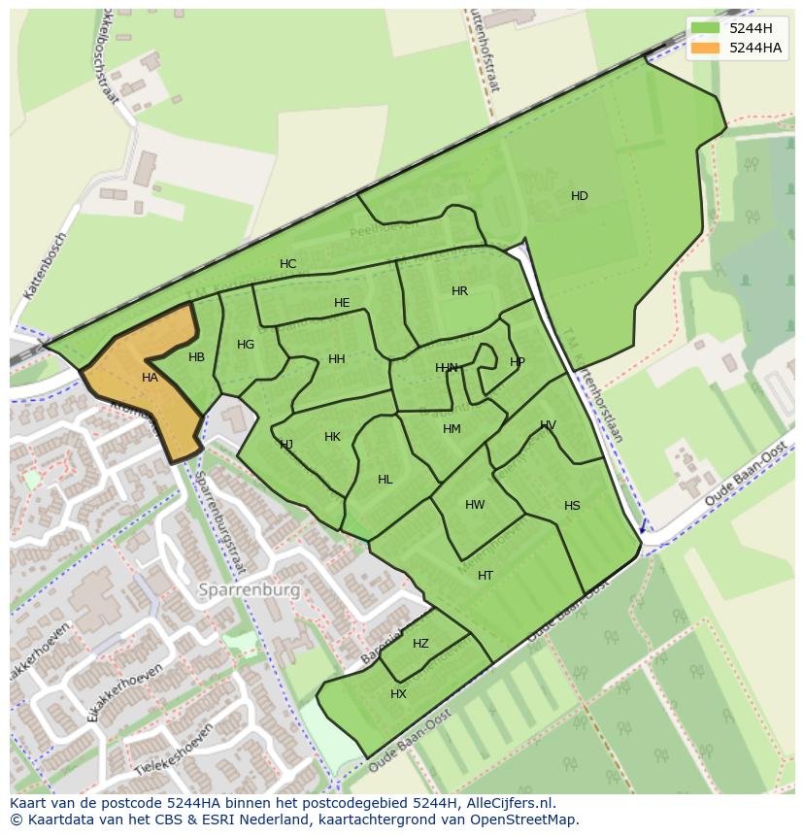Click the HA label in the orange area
tap(150, 378)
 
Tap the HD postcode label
tap(580, 196)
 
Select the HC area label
tap(287, 264)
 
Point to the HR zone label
tap(459, 291)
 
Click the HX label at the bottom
tap(398, 694)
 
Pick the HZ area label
tap(420, 644)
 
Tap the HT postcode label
tap(486, 576)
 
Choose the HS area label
tap(572, 506)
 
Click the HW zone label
tap(475, 505)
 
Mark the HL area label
tap(385, 480)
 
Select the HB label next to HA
tap(196, 357)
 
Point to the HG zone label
tap(246, 345)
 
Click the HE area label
tap(342, 303)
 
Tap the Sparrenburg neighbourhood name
tap(250, 589)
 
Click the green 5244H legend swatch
tap(706, 28)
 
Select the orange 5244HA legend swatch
tap(706, 48)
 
